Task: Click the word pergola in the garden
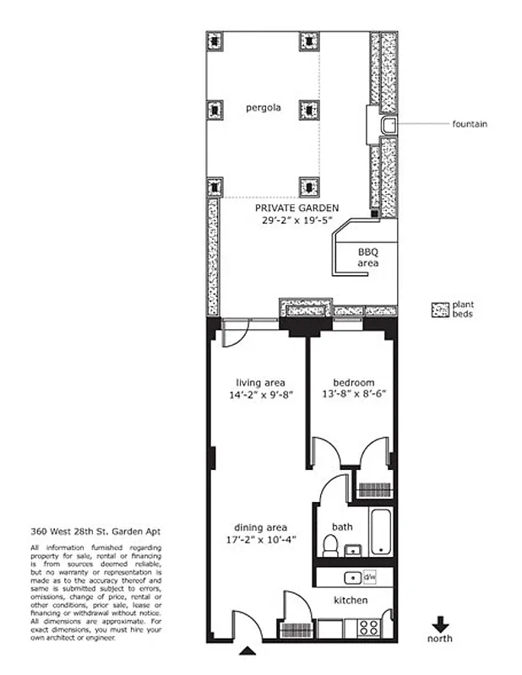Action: coord(264,108)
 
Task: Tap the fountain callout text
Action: coord(469,124)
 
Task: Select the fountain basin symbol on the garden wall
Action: coord(389,126)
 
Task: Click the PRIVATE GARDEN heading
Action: coord(297,208)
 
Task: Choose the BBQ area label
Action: coord(367,257)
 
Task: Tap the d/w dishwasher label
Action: coord(368,578)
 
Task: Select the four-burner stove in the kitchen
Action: coord(369,627)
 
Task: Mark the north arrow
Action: coord(439,624)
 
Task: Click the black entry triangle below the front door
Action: coord(247,651)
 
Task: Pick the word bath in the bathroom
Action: coord(342,526)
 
